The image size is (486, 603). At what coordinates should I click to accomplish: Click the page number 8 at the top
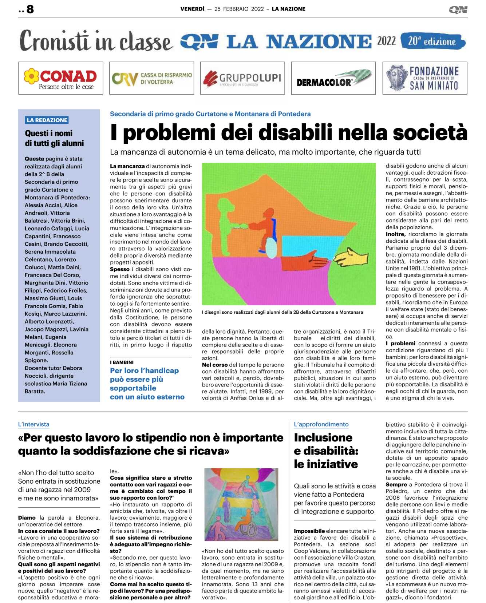(x=30, y=9)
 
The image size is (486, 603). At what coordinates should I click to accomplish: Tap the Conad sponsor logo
(x=60, y=78)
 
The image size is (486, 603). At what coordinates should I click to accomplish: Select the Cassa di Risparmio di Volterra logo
(x=151, y=78)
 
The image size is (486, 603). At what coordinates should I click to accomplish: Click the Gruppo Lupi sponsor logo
(x=242, y=78)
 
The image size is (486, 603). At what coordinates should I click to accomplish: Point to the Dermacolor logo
(x=333, y=78)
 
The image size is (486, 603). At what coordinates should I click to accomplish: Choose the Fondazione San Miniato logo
(x=424, y=78)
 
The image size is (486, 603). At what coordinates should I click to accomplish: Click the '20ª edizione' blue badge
(x=432, y=41)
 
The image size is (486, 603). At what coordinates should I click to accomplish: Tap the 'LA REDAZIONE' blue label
(x=47, y=120)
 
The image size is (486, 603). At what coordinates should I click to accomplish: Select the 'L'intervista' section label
(x=33, y=424)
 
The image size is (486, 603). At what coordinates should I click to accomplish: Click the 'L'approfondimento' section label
(x=321, y=424)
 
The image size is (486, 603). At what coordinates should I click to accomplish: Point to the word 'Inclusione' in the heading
(x=323, y=437)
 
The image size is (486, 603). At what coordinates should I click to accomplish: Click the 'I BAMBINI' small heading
(x=122, y=362)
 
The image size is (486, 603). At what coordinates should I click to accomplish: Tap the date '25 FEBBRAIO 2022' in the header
(x=239, y=9)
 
